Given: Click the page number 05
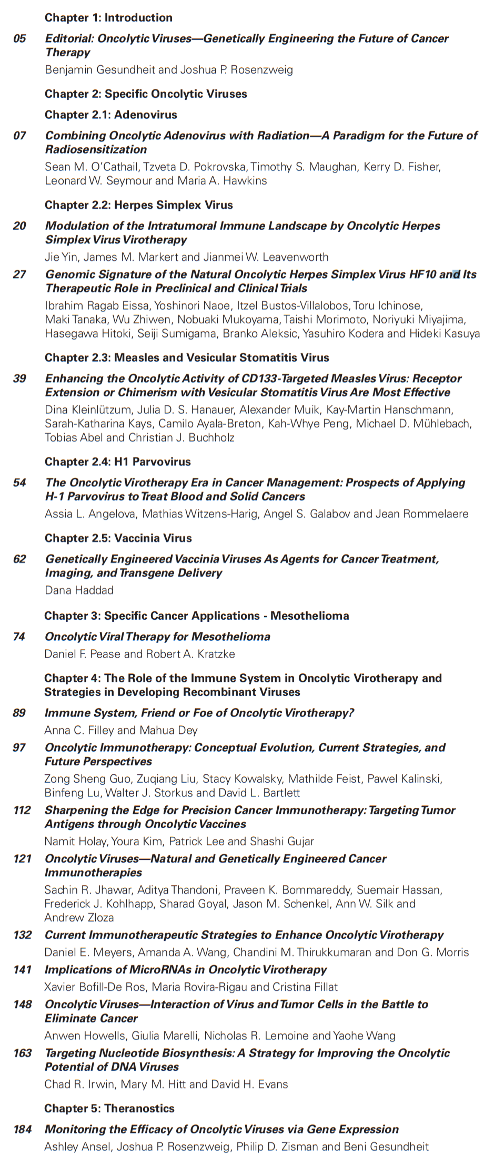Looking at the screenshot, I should click(19, 38).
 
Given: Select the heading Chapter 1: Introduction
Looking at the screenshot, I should click(108, 17).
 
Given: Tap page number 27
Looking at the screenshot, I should click(19, 274).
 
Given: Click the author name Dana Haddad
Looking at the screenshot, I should click(79, 590).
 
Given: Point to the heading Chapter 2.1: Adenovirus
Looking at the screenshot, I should click(110, 115).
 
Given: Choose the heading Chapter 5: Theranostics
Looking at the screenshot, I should click(109, 1108).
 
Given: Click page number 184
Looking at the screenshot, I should click(22, 1129).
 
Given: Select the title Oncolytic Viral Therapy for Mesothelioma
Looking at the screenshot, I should click(157, 637).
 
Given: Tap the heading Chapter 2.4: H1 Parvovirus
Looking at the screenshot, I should click(117, 462).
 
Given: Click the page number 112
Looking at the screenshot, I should click(22, 810).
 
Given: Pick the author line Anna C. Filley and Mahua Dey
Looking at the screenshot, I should click(121, 730).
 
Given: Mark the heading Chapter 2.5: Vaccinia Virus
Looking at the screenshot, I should click(118, 538).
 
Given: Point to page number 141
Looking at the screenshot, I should click(22, 969).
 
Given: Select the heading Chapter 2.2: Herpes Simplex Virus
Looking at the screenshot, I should click(138, 205).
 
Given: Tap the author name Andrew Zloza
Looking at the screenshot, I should click(79, 917).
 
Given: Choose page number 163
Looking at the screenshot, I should click(22, 1053).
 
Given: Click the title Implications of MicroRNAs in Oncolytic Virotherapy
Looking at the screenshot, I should click(185, 969).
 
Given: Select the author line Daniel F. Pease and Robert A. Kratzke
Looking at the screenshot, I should click(139, 654).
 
